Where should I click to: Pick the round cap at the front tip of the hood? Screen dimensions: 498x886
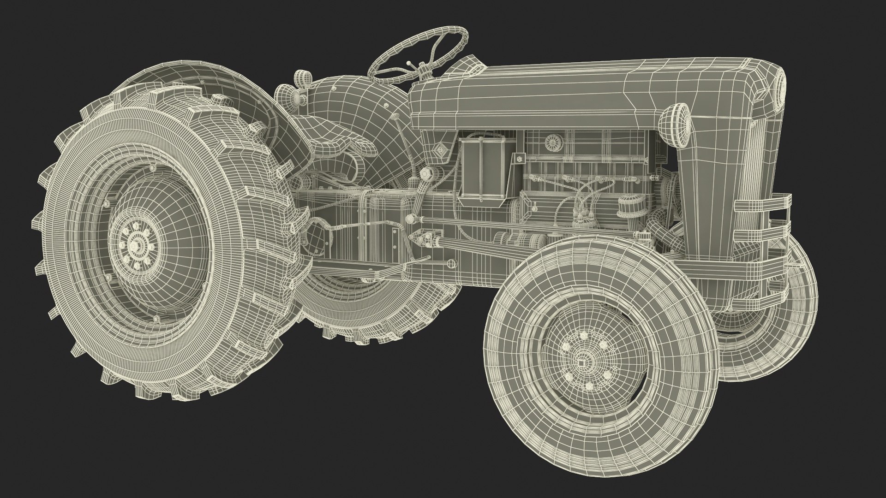point(780,90)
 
